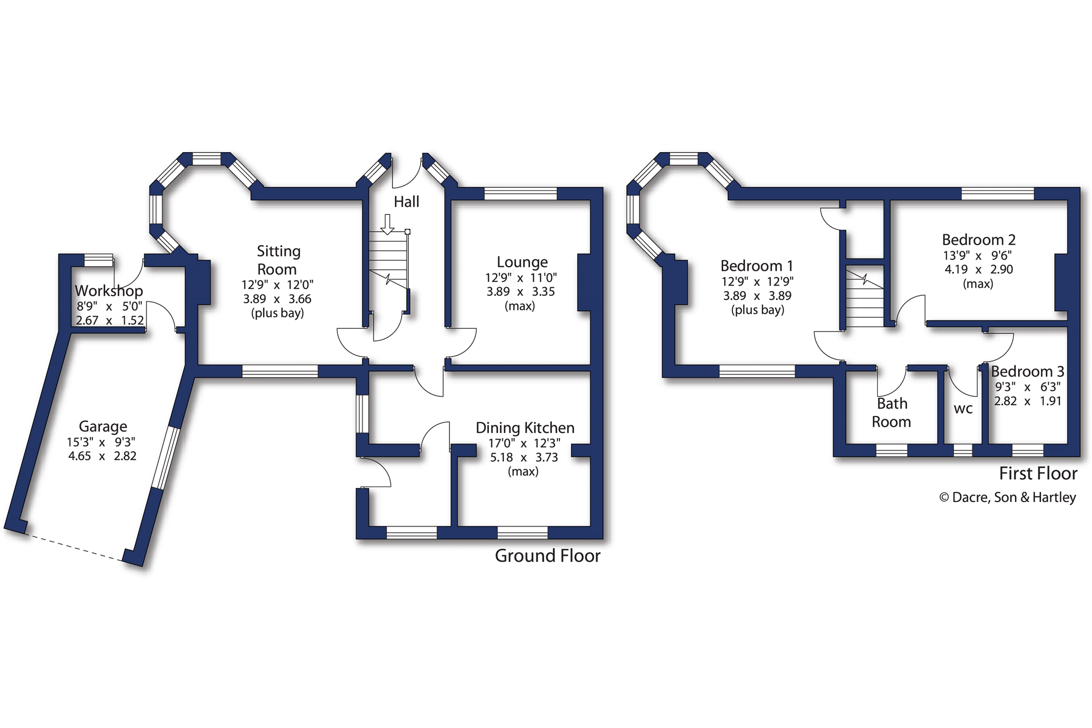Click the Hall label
coord(406,202)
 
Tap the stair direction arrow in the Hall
coord(388,225)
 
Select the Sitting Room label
coord(278,260)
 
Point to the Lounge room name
coord(522,263)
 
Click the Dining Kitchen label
coord(525,428)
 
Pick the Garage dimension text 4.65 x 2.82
coord(103,456)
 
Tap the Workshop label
coord(109,291)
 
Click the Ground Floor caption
coord(548,556)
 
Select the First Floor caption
coord(1038,474)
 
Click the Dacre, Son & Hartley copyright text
coord(1007,497)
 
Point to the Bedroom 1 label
coord(757,266)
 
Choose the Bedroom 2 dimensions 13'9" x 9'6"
coord(977,255)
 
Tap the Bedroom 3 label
coord(1027,371)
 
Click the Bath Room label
coord(892,413)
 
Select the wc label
coord(963,409)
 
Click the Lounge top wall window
coord(521,194)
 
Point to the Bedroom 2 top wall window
coord(997,194)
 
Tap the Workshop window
coord(99,260)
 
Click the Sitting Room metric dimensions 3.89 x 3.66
coord(277,299)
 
